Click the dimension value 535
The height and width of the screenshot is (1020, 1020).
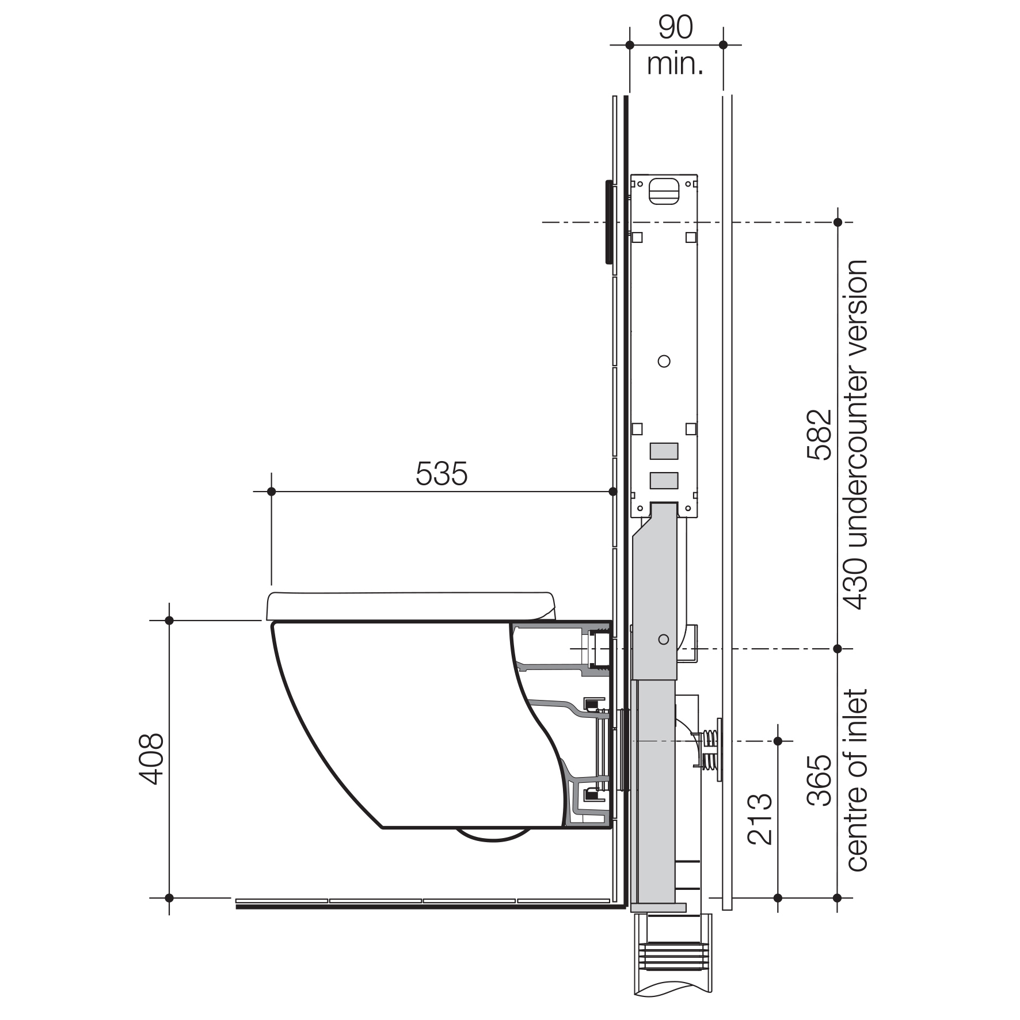(x=442, y=474)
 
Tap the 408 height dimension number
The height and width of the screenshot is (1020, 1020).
(x=152, y=759)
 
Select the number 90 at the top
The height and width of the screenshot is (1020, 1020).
(x=676, y=27)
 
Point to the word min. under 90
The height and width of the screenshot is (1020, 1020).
(x=675, y=64)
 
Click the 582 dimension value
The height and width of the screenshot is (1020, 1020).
(x=820, y=434)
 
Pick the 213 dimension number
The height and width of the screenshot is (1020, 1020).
(x=760, y=819)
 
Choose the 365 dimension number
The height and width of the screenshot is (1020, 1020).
(x=820, y=781)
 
